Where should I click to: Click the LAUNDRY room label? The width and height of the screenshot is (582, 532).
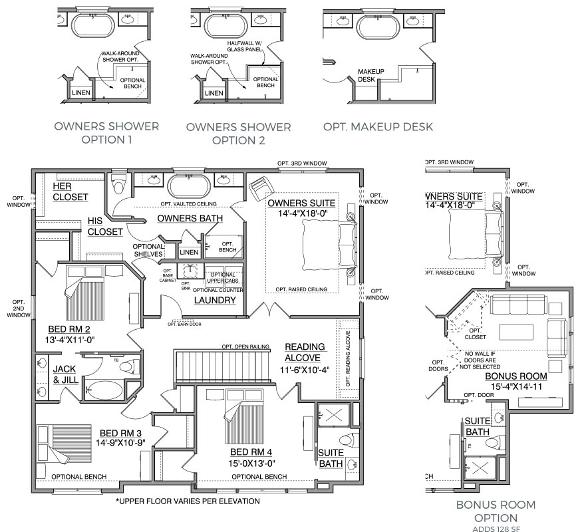pyautogui.click(x=215, y=300)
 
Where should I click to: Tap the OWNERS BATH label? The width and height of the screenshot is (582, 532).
pyautogui.click(x=190, y=218)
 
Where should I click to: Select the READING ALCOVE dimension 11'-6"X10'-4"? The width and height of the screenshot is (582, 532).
pyautogui.click(x=305, y=370)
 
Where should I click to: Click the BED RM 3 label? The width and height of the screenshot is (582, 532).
pyautogui.click(x=120, y=433)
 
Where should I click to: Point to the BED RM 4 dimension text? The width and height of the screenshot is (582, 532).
pyautogui.click(x=251, y=464)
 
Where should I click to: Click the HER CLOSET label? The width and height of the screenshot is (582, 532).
pyautogui.click(x=70, y=192)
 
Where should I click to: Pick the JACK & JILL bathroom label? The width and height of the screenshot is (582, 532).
pyautogui.click(x=66, y=374)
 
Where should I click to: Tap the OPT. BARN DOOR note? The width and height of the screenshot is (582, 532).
pyautogui.click(x=184, y=325)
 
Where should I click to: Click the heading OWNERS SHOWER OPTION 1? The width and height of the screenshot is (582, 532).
pyautogui.click(x=106, y=133)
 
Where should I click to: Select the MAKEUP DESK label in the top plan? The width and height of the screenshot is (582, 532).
pyautogui.click(x=370, y=75)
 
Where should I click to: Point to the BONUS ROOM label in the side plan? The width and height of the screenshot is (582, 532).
pyautogui.click(x=516, y=376)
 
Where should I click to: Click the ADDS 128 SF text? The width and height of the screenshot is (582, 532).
pyautogui.click(x=496, y=529)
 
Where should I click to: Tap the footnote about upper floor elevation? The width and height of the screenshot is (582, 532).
pyautogui.click(x=188, y=501)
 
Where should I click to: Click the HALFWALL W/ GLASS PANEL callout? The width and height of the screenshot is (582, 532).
pyautogui.click(x=245, y=47)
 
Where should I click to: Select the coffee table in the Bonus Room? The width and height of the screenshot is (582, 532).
pyautogui.click(x=516, y=332)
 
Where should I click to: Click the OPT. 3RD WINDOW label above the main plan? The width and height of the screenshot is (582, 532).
pyautogui.click(x=302, y=163)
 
